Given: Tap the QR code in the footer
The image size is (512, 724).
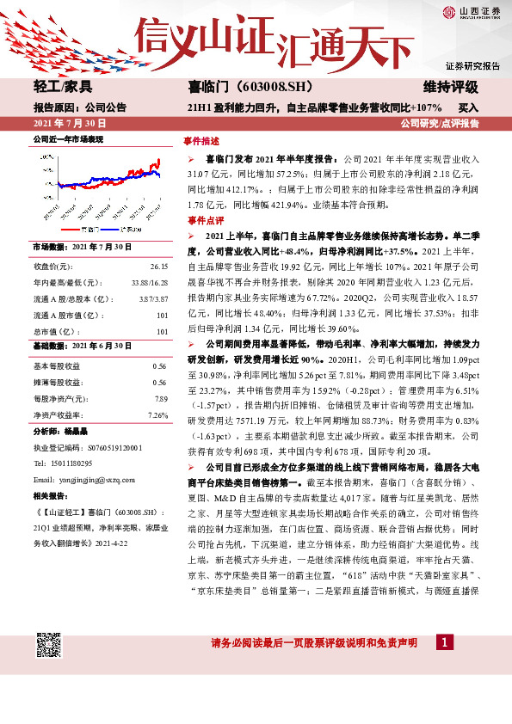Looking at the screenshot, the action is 48,645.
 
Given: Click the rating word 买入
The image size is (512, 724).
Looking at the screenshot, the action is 468,107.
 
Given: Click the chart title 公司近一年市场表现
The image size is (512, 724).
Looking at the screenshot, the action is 68,138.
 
